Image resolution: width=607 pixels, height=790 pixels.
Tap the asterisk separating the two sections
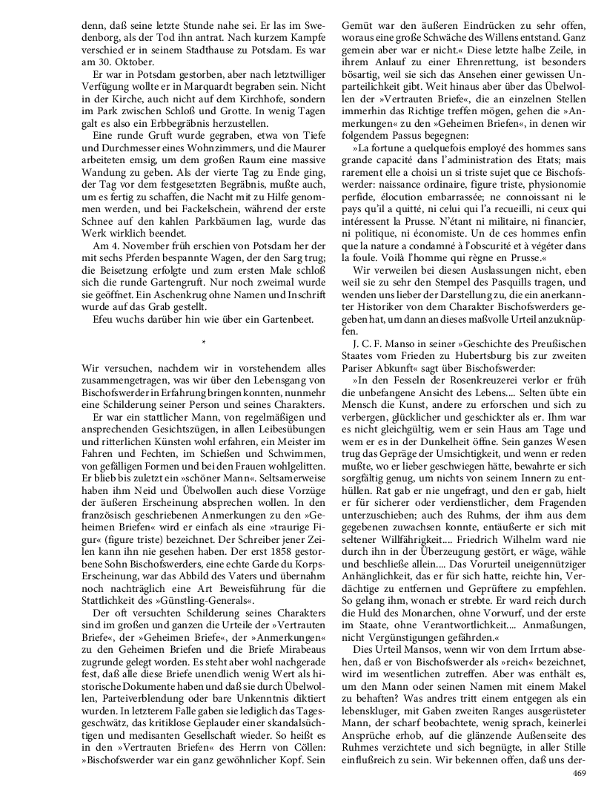coord(202,343)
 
